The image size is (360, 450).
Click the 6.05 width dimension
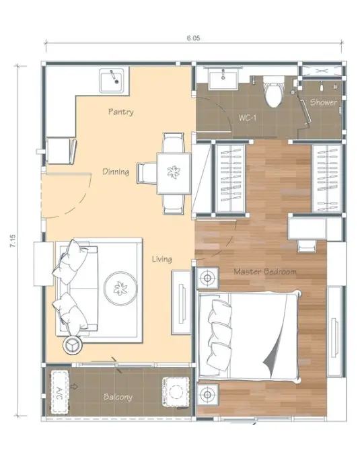tap(193, 38)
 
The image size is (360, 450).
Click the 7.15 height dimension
tap(13, 241)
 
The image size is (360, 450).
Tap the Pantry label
tap(121, 112)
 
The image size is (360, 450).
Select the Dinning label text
tap(116, 172)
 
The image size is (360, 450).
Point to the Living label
tap(162, 259)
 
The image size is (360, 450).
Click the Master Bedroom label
tap(265, 272)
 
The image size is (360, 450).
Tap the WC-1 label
tap(247, 118)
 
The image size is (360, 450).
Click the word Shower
tap(324, 102)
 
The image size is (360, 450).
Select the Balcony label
tap(118, 397)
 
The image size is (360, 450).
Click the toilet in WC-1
tap(273, 91)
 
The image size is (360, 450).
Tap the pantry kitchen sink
tap(112, 80)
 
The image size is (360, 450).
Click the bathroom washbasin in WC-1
tap(223, 80)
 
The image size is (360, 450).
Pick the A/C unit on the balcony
tap(60, 392)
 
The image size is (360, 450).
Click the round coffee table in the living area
tap(120, 289)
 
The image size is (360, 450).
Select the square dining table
tap(174, 174)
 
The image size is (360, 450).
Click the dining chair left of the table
tap(147, 173)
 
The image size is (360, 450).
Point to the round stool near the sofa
tap(73, 345)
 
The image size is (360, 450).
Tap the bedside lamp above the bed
tap(207, 278)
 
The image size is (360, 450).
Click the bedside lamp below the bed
tap(207, 395)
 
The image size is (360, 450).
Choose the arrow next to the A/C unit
tap(74, 387)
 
